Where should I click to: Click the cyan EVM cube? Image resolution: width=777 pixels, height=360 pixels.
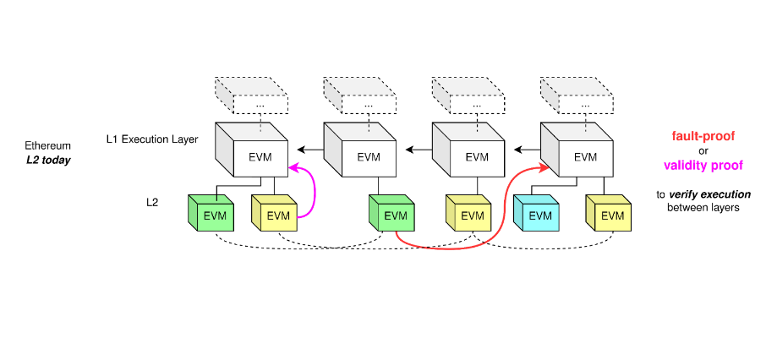(x=539, y=215)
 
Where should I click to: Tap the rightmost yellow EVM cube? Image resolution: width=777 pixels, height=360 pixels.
(x=610, y=215)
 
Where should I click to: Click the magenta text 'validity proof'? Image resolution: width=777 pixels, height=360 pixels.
(x=703, y=165)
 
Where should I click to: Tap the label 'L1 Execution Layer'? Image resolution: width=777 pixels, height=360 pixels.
(x=152, y=139)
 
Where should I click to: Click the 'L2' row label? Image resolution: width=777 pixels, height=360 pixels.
(x=153, y=204)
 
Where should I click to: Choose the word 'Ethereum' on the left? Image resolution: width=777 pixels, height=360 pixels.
(x=48, y=145)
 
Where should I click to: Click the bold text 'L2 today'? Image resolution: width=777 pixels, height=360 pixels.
(x=48, y=159)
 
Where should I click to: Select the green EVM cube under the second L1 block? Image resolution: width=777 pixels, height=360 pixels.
(x=393, y=215)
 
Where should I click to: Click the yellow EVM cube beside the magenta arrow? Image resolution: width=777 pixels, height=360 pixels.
(x=276, y=215)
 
